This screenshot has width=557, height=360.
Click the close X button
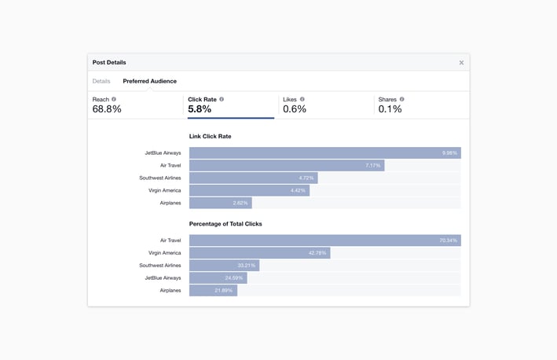[461, 63]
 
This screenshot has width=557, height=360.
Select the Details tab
[101, 81]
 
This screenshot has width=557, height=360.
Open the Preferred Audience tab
[149, 81]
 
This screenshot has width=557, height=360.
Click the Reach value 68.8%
[107, 109]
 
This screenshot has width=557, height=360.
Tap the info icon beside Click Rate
[222, 100]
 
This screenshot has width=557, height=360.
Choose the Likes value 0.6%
[295, 109]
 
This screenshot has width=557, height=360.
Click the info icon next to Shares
[402, 100]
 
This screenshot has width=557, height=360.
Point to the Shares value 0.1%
[390, 109]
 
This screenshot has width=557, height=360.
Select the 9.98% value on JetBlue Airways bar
[449, 153]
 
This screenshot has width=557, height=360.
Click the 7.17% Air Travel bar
[287, 166]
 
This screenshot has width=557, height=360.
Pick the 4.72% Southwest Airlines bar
[253, 178]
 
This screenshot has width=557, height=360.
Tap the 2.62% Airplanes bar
[220, 203]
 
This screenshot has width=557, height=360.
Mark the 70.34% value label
[449, 241]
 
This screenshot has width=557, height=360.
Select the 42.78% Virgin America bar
[259, 253]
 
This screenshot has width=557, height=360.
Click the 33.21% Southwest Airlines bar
[224, 266]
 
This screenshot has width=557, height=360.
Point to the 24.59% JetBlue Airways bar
[218, 278]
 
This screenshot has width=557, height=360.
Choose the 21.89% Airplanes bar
[213, 291]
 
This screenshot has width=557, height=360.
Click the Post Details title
[109, 63]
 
